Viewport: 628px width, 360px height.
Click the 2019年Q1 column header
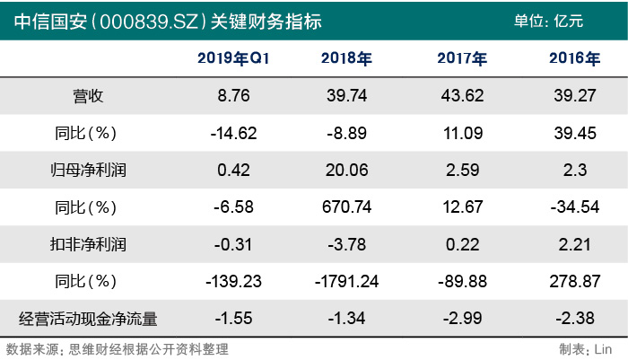234,59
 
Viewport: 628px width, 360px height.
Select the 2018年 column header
346,59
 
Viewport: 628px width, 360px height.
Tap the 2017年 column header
462,59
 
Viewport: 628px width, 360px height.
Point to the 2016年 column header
574,59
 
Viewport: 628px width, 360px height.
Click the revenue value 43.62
462,96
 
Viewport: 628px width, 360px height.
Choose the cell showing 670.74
346,206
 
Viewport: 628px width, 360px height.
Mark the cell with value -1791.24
346,280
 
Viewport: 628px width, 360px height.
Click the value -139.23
234,280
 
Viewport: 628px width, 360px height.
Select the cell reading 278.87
574,280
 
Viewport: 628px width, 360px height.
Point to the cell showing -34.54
574,206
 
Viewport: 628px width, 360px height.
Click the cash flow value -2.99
462,317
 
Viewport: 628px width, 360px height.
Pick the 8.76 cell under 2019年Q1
234,96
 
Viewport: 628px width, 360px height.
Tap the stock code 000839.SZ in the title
153,21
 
